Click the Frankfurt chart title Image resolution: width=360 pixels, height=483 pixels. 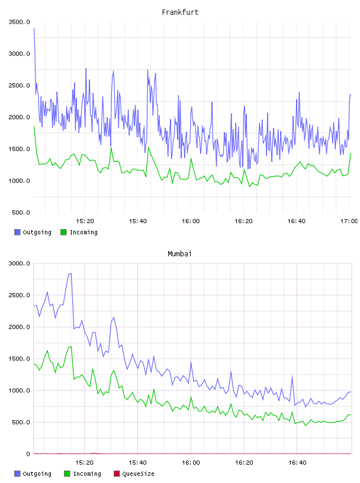pyautogui.click(x=180, y=12)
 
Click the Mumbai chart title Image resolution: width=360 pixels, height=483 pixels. pyautogui.click(x=179, y=253)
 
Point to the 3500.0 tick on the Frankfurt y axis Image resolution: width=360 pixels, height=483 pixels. pyautogui.click(x=19, y=22)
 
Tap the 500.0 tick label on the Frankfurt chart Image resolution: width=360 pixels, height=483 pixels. pyautogui.click(x=21, y=212)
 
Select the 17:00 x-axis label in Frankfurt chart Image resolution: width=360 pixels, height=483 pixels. pyautogui.click(x=349, y=221)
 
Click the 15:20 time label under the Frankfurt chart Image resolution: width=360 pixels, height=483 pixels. pyautogui.click(x=85, y=221)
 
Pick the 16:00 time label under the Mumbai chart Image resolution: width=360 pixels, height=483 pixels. pyautogui.click(x=191, y=462)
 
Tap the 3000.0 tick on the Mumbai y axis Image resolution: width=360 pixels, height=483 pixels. pyautogui.click(x=19, y=263)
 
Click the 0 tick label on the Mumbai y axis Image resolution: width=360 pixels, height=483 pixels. pyautogui.click(x=28, y=454)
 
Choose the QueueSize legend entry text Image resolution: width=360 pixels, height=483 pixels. pyautogui.click(x=138, y=474)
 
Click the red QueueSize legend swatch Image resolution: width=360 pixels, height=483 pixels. pyautogui.click(x=117, y=474)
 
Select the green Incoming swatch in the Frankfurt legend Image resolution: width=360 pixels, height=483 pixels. pyautogui.click(x=63, y=232)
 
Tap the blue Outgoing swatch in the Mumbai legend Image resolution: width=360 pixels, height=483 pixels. pyautogui.click(x=17, y=474)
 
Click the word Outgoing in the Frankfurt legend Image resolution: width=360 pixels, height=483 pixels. pyautogui.click(x=37, y=232)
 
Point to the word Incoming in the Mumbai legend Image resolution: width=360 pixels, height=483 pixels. pyautogui.click(x=87, y=474)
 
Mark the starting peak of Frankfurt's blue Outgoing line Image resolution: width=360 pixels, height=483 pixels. pyautogui.click(x=34, y=28)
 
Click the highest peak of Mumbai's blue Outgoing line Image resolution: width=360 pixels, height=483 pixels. pyautogui.click(x=71, y=273)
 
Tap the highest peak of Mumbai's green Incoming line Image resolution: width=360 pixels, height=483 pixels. pyautogui.click(x=71, y=346)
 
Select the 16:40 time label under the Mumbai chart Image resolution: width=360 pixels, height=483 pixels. pyautogui.click(x=297, y=462)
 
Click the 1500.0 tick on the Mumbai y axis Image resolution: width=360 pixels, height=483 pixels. pyautogui.click(x=19, y=359)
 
